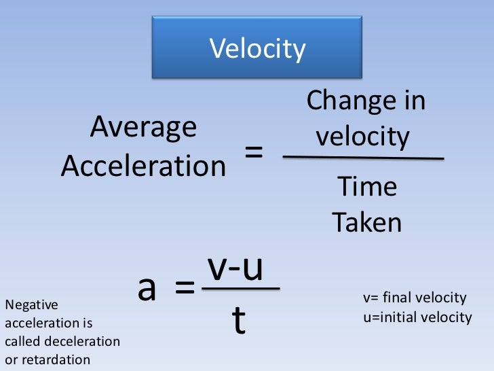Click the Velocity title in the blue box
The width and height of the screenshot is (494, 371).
[x=257, y=49]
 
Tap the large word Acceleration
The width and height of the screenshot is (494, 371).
[x=143, y=165]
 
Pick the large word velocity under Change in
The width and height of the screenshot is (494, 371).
[x=363, y=137]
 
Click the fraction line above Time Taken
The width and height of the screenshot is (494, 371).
[x=363, y=158]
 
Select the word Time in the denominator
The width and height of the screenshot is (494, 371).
[x=366, y=186]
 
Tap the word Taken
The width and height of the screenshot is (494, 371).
[x=366, y=222]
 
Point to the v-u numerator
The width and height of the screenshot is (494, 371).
[x=235, y=268]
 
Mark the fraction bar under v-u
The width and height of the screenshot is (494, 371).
[x=241, y=288]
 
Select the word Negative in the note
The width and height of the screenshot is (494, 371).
[x=31, y=306]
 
